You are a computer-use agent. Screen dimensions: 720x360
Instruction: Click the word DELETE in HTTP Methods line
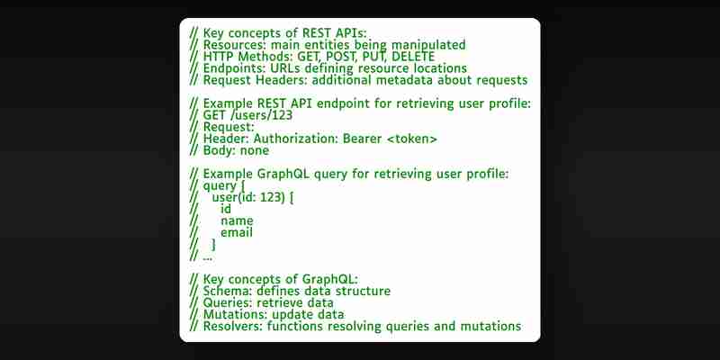pyautogui.click(x=413, y=57)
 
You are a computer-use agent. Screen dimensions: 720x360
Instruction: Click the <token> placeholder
pyautogui.click(x=412, y=139)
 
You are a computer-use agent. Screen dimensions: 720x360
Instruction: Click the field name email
pyautogui.click(x=237, y=233)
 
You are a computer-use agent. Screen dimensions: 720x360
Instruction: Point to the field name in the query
pyautogui.click(x=237, y=221)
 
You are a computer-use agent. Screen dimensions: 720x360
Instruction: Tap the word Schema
pyautogui.click(x=228, y=291)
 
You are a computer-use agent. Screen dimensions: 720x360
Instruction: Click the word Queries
pyautogui.click(x=228, y=303)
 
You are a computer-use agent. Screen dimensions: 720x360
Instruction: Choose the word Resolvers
pyautogui.click(x=232, y=327)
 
